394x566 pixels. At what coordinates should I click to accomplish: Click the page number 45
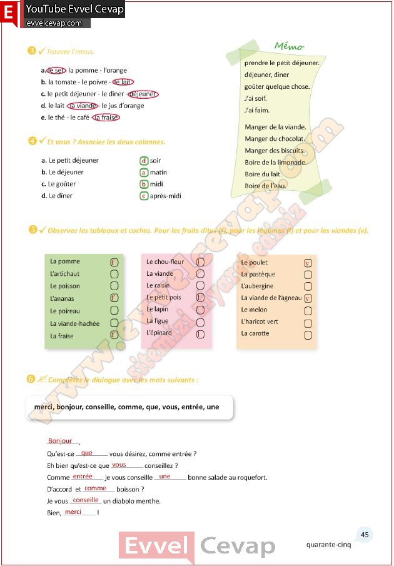tap(365, 535)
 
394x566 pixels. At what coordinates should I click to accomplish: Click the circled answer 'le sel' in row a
tap(56, 70)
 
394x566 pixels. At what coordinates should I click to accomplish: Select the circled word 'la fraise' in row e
tap(106, 117)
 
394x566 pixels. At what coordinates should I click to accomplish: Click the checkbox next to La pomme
tap(114, 262)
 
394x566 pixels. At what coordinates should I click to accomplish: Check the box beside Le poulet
tap(308, 263)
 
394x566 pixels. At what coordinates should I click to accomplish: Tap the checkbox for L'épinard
tap(200, 334)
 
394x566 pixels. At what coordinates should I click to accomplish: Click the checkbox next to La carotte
tap(308, 335)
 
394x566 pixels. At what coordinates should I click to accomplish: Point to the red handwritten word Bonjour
tap(60, 441)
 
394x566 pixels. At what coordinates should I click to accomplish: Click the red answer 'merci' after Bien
tap(73, 512)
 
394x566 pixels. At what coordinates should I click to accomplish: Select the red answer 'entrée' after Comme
tap(83, 477)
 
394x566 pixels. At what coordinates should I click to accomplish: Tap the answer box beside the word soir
tap(144, 161)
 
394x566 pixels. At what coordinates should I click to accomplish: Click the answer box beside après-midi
tap(144, 196)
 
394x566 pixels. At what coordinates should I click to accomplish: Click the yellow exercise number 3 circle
tap(31, 51)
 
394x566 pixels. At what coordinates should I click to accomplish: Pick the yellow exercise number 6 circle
tap(31, 378)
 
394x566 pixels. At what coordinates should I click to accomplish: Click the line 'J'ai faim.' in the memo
tap(257, 110)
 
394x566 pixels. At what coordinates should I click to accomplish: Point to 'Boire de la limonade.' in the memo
tap(276, 162)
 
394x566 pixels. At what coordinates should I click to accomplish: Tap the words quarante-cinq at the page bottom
tap(329, 544)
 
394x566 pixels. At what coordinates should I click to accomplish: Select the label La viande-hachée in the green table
tap(75, 323)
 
